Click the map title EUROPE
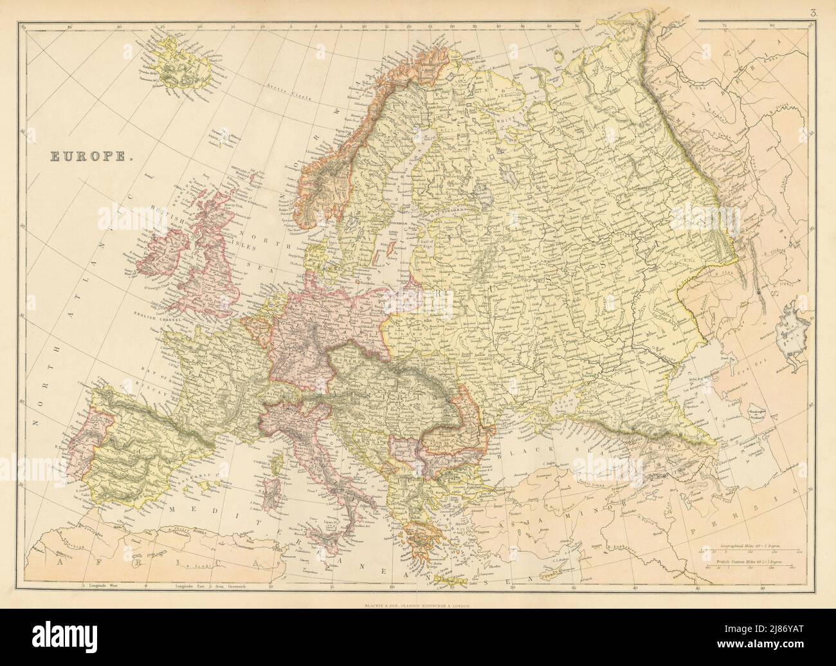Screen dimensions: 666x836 pos(89,155)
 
